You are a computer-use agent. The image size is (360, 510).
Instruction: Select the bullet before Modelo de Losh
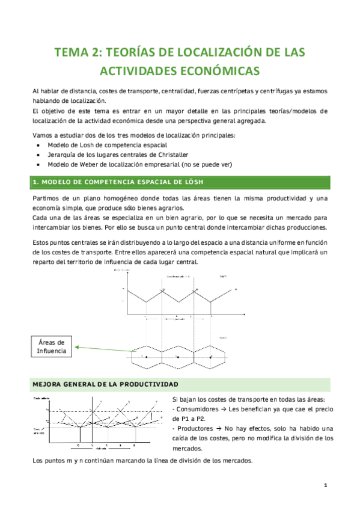pos(39,146)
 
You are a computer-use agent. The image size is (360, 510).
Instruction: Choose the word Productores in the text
pos(194,428)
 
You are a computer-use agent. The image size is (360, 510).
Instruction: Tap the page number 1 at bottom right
pos(325,485)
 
